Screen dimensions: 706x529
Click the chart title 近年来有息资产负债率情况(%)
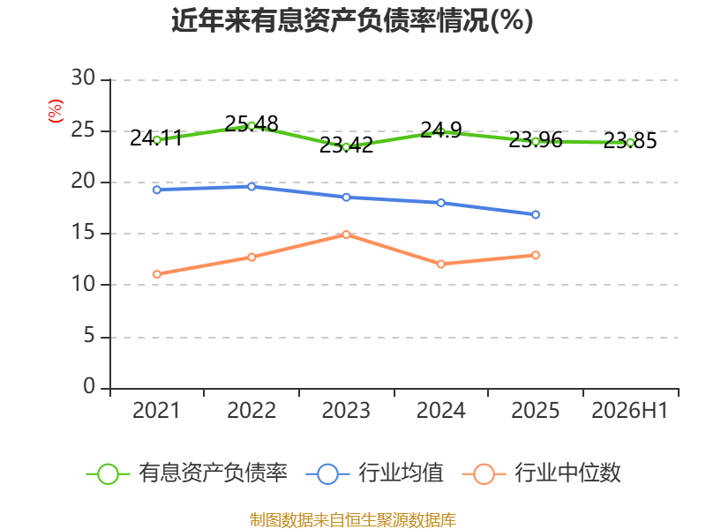tap(352, 20)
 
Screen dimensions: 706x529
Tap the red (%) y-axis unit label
tap(56, 111)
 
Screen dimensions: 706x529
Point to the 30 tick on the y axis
tap(83, 78)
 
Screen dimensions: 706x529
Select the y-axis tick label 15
tap(83, 233)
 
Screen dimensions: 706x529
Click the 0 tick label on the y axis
tap(89, 386)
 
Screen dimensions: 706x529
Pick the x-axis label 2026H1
tap(630, 410)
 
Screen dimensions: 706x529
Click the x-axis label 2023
tap(346, 410)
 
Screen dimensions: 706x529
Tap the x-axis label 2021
tap(156, 410)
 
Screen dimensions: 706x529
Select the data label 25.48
tap(252, 123)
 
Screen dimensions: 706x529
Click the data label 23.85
tap(630, 141)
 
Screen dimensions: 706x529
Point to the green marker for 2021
tap(157, 140)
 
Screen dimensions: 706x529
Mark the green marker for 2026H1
tap(630, 143)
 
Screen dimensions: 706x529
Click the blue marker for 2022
tap(252, 186)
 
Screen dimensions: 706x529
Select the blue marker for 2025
tap(536, 214)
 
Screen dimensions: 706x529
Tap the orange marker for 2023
tap(346, 235)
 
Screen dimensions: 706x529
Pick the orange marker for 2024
tap(440, 264)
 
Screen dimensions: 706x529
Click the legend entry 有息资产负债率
tap(186, 473)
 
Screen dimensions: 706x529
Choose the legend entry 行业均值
tap(374, 473)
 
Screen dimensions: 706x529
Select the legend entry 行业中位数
tap(542, 473)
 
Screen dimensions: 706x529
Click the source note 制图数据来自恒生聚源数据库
tap(352, 520)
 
